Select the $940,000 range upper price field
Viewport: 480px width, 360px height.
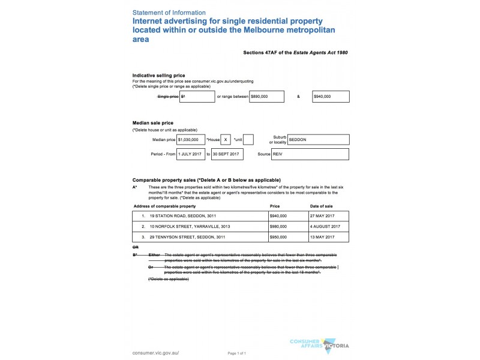[331, 96]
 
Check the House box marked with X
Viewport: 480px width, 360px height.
[226, 139]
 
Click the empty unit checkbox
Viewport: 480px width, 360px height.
[248, 139]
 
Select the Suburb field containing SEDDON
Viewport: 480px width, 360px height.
[318, 139]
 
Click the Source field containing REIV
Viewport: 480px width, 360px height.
[310, 154]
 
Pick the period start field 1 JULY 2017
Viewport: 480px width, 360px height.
[191, 154]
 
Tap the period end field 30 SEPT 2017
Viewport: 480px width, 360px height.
[227, 154]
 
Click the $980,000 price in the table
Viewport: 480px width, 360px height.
[278, 227]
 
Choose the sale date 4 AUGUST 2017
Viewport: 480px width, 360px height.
[325, 227]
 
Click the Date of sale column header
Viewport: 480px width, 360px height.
[322, 206]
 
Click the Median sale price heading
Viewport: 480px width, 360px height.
[152, 123]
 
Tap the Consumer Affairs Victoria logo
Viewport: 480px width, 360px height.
[318, 345]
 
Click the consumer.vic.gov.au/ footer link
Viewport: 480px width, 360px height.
[155, 353]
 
